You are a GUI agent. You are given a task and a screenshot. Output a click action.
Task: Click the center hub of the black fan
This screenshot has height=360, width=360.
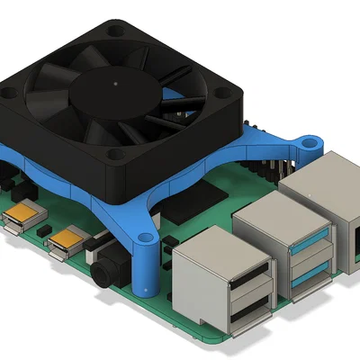tap(117, 84)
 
